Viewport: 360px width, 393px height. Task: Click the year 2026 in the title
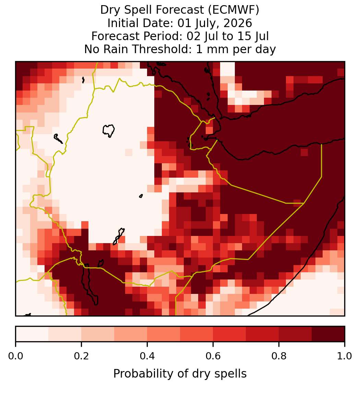click(x=238, y=23)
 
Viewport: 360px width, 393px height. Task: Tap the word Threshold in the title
click(x=160, y=49)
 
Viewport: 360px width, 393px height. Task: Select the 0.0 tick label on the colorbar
click(x=15, y=356)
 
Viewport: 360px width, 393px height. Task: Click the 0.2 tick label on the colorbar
click(x=81, y=356)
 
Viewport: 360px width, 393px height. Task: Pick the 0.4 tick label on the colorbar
click(x=147, y=356)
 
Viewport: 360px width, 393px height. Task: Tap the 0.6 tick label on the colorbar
click(x=213, y=356)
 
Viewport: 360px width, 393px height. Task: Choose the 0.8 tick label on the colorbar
click(x=279, y=356)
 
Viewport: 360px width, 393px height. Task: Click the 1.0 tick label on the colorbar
click(x=345, y=356)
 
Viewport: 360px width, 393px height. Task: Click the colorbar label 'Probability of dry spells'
click(x=180, y=374)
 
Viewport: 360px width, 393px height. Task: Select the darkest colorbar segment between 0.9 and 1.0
click(x=328, y=334)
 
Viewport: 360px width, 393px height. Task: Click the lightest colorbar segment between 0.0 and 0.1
click(x=32, y=334)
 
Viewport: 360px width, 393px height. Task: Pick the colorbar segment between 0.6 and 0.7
click(x=229, y=334)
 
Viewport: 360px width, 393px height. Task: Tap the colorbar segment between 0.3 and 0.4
click(x=131, y=334)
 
